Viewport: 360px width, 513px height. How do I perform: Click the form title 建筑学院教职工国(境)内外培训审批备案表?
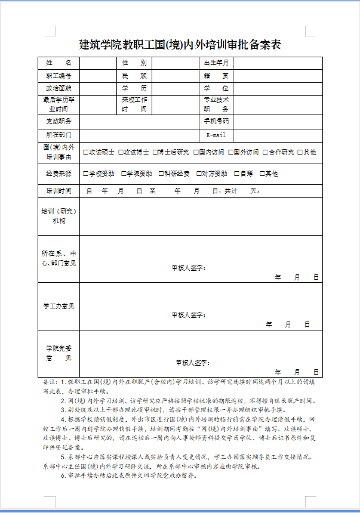[x=180, y=45]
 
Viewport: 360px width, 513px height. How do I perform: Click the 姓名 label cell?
[x=59, y=63]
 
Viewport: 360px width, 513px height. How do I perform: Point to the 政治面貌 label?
[x=59, y=88]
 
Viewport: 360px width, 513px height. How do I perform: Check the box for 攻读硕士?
[x=86, y=152]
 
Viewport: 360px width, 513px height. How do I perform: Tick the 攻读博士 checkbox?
[x=121, y=152]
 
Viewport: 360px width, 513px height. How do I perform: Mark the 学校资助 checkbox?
[x=86, y=174]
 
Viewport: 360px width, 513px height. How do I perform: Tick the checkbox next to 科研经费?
[x=161, y=174]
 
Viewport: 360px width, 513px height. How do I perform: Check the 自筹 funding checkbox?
[x=236, y=174]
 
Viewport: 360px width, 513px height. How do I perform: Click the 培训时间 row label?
[x=59, y=191]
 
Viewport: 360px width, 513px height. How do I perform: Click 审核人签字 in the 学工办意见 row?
[x=188, y=314]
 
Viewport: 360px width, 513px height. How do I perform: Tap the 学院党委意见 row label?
[x=59, y=353]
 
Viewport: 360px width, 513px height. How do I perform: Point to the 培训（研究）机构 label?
[x=59, y=216]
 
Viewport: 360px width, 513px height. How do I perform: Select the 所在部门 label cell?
[x=59, y=135]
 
